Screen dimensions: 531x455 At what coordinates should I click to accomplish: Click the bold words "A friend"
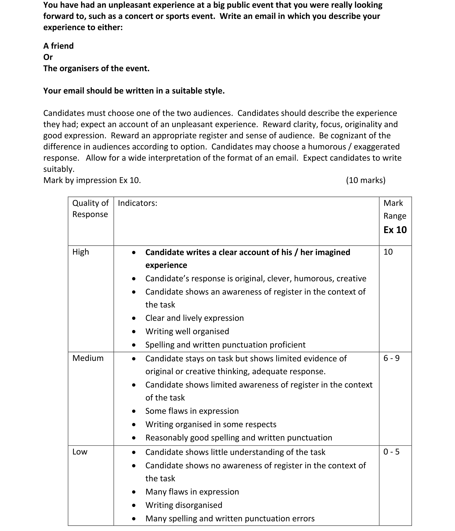(x=59, y=46)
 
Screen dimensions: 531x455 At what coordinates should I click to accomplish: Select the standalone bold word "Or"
(x=48, y=57)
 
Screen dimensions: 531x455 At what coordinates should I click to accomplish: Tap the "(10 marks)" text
(x=365, y=180)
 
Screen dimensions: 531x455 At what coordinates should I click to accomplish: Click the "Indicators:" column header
(x=138, y=203)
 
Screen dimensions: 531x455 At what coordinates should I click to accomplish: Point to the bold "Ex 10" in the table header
(x=395, y=230)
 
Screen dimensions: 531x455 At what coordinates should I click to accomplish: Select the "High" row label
(x=81, y=252)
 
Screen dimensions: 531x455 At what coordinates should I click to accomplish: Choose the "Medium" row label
(x=88, y=358)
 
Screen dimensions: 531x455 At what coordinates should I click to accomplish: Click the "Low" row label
(x=80, y=452)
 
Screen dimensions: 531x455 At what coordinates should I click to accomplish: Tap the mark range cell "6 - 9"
(x=391, y=358)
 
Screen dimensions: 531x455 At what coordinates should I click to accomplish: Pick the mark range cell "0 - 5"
(x=391, y=452)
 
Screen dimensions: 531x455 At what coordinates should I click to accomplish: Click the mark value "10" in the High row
(x=388, y=252)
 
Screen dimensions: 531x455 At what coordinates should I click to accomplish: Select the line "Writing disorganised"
(x=184, y=505)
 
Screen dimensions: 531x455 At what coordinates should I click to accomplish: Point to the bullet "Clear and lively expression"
(x=194, y=318)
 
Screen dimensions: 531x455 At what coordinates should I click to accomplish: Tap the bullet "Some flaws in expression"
(x=192, y=411)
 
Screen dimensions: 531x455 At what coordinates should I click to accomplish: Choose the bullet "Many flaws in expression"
(x=192, y=492)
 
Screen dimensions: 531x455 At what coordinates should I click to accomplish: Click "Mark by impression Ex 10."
(x=92, y=180)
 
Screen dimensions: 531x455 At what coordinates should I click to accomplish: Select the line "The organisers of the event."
(x=96, y=68)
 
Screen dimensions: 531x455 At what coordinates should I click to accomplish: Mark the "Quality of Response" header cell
(x=90, y=208)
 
